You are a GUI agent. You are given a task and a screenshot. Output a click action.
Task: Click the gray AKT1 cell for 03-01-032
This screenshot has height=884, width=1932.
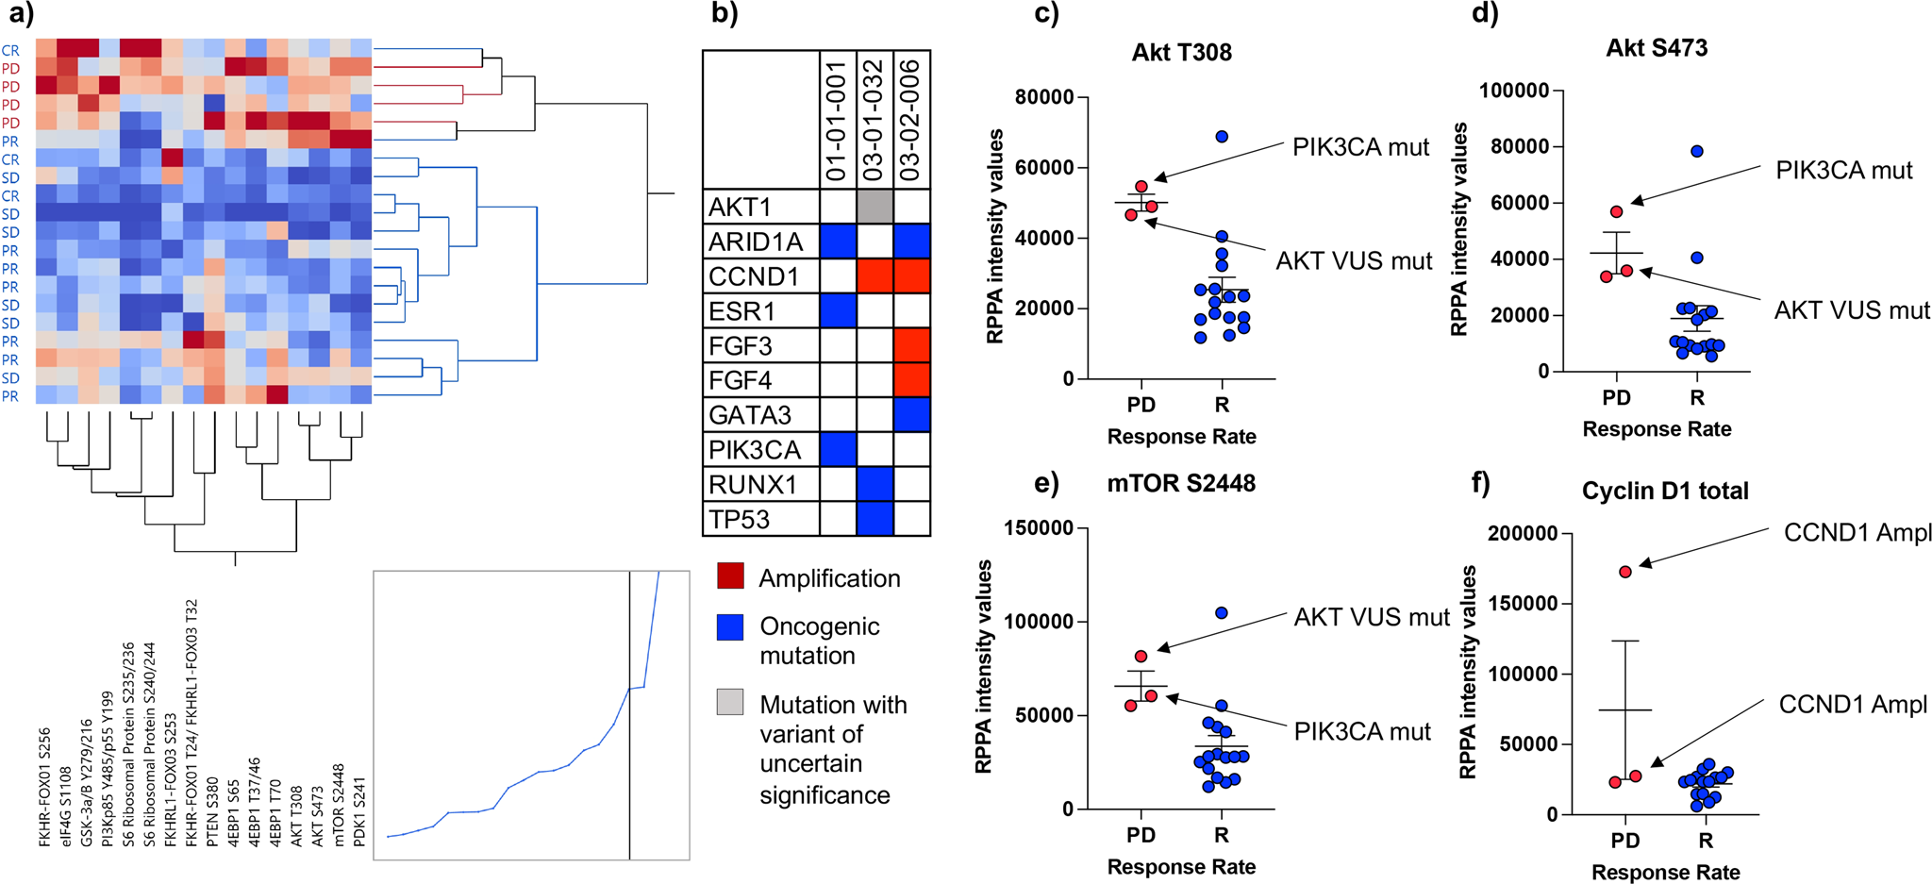pos(874,207)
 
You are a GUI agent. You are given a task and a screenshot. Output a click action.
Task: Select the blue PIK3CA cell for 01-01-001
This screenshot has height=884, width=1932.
pos(838,449)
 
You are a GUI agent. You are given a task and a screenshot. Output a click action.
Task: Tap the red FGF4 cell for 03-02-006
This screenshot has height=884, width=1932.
pos(911,380)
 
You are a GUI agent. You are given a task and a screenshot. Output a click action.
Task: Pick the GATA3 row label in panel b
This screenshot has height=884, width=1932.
pos(750,415)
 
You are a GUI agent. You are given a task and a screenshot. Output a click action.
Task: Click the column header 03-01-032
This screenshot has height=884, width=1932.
pos(874,120)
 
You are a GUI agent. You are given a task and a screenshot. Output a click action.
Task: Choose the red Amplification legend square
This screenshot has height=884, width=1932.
pos(730,576)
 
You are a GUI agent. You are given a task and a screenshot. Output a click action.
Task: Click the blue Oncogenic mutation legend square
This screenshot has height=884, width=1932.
pos(730,627)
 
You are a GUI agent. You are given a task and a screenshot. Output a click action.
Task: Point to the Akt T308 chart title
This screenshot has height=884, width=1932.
pos(1181,52)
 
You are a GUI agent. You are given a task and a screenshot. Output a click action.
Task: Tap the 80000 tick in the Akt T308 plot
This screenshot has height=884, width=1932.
pos(1044,97)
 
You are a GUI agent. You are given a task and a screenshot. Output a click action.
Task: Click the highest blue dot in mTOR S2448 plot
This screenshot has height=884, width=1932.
pos(1221,613)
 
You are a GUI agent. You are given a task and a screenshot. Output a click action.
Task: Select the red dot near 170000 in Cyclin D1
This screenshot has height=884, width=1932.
pos(1625,572)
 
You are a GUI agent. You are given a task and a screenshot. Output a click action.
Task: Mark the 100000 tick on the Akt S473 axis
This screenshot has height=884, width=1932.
pos(1514,91)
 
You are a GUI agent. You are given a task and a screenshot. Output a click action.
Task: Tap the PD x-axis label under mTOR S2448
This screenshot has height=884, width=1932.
pos(1141,836)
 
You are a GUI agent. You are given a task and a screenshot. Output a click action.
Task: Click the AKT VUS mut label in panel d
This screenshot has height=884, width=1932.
pos(1851,310)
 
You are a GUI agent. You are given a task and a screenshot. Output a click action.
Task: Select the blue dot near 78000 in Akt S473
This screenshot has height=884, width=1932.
pos(1696,151)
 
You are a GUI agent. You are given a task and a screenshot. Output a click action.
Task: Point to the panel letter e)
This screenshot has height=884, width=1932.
pos(1046,483)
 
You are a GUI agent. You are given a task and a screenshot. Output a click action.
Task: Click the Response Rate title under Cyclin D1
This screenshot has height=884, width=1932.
pos(1665,873)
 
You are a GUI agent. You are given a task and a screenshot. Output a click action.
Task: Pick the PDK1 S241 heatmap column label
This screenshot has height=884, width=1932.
pos(359,810)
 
